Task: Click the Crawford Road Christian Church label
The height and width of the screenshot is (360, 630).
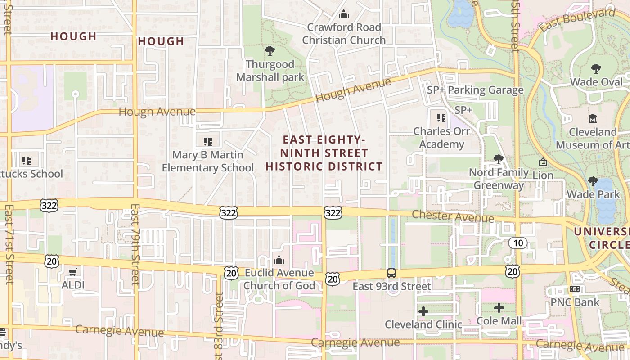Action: coord(344,34)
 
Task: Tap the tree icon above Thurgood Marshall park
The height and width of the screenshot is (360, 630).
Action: coord(270,50)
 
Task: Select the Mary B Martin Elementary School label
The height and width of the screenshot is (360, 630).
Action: coord(208,161)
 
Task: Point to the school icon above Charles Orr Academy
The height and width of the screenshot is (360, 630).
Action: coord(441,118)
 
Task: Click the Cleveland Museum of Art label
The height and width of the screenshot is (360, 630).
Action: coord(593,139)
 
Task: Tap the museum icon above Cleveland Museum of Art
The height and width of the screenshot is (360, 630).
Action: coord(593,119)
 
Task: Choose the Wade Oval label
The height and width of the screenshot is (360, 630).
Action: coord(596,82)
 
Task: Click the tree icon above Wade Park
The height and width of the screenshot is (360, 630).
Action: coord(593,181)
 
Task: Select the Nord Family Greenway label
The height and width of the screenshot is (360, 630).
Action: coord(499,179)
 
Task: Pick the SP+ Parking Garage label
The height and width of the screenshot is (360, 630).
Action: coord(475,90)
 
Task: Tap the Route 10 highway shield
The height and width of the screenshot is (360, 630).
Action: coord(518,243)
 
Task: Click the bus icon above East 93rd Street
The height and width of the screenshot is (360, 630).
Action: coord(391,273)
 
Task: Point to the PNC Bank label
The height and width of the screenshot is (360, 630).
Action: coord(575,302)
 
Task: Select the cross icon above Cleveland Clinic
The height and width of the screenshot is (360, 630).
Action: coord(423,311)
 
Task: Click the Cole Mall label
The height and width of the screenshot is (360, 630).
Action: coord(499,321)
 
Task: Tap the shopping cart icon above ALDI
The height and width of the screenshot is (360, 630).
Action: coord(73,271)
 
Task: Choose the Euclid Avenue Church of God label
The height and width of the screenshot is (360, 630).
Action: coord(279,279)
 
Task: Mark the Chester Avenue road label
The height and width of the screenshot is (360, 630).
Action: coord(453,216)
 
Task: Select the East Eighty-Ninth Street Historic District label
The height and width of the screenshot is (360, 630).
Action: coord(324,153)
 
